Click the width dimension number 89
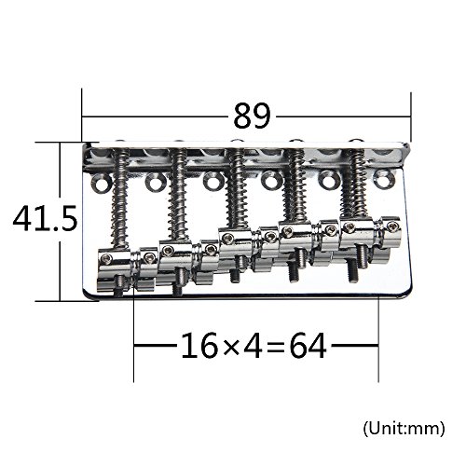point(252,116)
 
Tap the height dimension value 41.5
point(45,218)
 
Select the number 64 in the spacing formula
point(308,345)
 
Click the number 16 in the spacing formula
point(199,345)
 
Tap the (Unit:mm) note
point(404,429)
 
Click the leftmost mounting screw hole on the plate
point(102,183)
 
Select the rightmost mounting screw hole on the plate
point(384,179)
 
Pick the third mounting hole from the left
point(212,181)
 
